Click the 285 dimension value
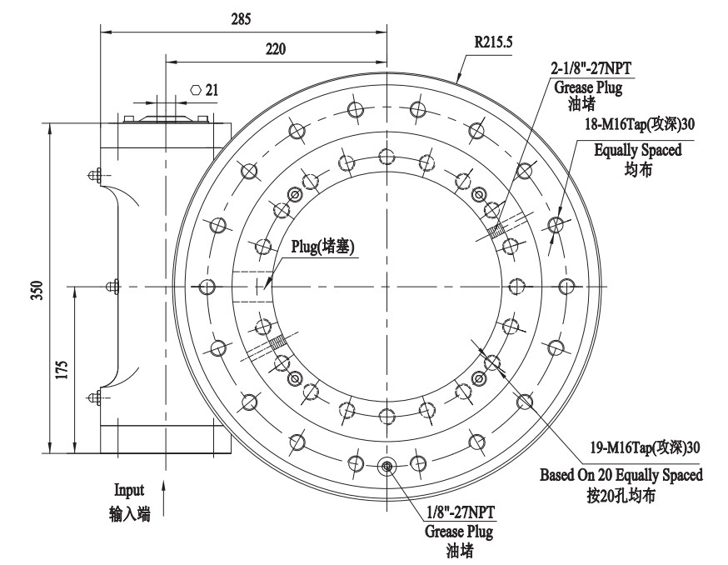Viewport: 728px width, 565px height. click(240, 17)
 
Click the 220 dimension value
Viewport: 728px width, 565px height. click(274, 49)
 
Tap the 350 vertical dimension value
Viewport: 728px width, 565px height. click(32, 289)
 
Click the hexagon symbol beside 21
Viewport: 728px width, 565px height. click(196, 89)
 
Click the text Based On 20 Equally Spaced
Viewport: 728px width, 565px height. click(621, 475)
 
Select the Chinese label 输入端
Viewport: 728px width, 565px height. click(129, 514)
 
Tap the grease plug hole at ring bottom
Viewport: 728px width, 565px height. click(387, 467)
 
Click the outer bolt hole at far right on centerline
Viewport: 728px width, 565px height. click(567, 286)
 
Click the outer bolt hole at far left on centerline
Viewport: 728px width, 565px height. click(207, 286)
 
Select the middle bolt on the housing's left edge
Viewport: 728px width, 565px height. click(111, 286)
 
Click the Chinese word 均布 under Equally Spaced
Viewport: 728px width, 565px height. click(637, 167)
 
